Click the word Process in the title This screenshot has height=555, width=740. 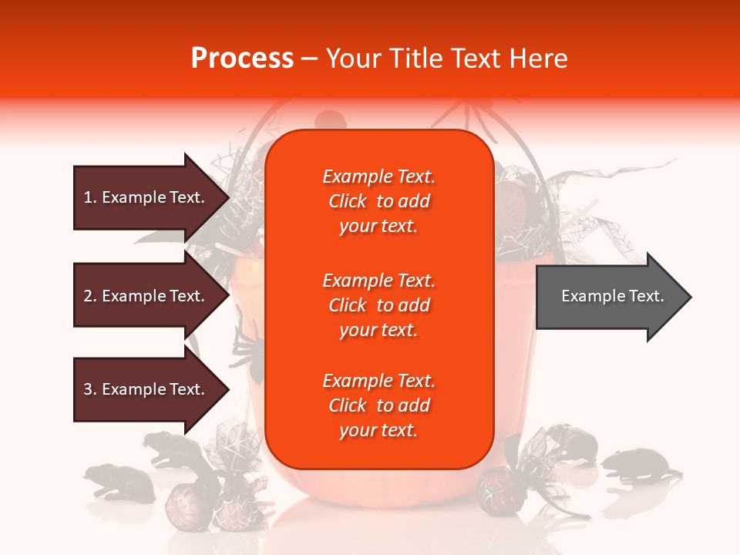(242, 59)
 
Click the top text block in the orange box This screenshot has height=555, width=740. (378, 201)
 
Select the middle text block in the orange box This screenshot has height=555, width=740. (378, 305)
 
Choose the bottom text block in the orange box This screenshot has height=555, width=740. (378, 405)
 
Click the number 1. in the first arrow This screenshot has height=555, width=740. (90, 197)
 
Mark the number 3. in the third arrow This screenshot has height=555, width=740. (90, 389)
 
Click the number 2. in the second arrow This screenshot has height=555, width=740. (90, 296)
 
